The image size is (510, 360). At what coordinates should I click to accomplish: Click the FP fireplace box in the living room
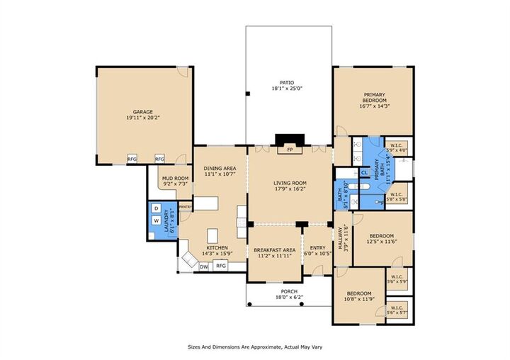(x=288, y=150)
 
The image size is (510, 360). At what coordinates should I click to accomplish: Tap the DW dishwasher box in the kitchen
(x=204, y=266)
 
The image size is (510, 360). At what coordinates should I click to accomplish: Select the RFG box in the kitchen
(x=221, y=266)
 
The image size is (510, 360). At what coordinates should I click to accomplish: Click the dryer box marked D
(x=156, y=208)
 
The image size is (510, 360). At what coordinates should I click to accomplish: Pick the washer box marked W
(x=156, y=220)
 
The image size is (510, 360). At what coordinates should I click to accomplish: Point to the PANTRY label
(x=186, y=207)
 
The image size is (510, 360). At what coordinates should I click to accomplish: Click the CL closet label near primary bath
(x=364, y=172)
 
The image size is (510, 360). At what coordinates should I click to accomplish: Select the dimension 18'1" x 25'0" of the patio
(x=287, y=89)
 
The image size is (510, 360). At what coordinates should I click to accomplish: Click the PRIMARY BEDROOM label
(x=374, y=99)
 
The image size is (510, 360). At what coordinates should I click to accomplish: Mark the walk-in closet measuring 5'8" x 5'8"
(x=396, y=196)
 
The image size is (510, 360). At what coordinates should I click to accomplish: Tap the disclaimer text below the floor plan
(x=254, y=347)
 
